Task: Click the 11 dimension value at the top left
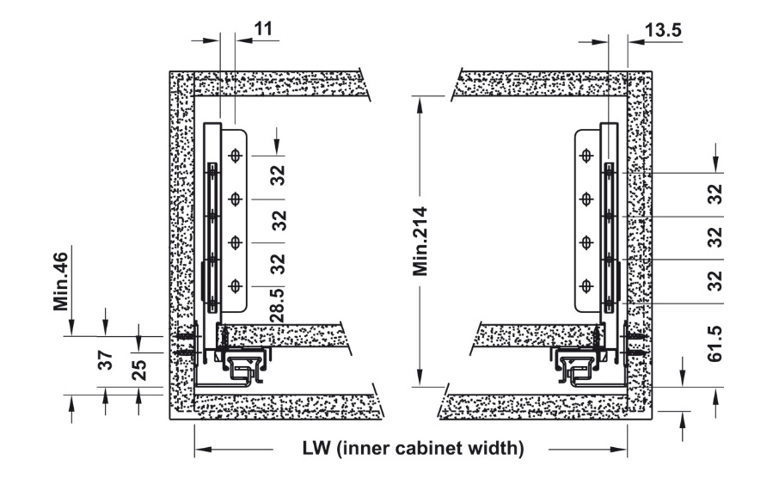(263, 29)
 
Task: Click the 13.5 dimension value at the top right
(663, 30)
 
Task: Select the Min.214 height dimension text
(420, 242)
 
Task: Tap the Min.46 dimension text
(60, 282)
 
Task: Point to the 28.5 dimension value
(278, 305)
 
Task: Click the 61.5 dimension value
(715, 345)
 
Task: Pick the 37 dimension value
(105, 360)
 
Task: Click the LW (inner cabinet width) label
(414, 448)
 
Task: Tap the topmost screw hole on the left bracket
(235, 156)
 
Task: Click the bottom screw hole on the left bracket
(235, 286)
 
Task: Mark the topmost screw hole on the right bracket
(586, 156)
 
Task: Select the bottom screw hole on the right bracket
(586, 286)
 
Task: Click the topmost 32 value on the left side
(279, 175)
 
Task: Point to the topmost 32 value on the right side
(715, 194)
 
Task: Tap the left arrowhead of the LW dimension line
(201, 449)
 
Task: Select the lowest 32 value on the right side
(715, 281)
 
